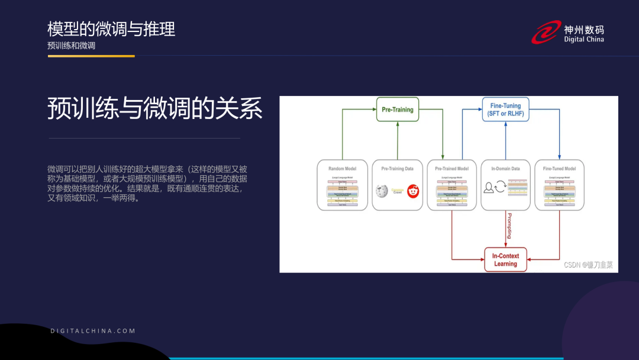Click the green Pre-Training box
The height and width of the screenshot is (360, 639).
coord(397,110)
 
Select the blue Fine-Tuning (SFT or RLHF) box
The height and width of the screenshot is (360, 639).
coord(505,110)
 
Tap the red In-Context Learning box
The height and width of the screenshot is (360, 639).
coord(505,260)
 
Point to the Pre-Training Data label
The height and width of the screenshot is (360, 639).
coord(397,169)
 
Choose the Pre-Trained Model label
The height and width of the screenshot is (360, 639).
coord(451,169)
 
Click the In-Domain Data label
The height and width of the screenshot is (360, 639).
coord(505,169)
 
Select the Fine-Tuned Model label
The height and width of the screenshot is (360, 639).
coord(559,169)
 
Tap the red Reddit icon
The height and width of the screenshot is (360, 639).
coord(412,191)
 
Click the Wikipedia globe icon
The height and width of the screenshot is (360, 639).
coord(382,191)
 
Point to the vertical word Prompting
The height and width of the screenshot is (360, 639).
coord(509,226)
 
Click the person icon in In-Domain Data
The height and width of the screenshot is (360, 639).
coord(489,188)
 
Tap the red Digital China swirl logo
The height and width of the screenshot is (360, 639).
coord(546,33)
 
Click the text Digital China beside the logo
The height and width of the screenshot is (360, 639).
coord(583,40)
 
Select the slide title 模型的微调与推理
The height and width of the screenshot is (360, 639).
coord(111,28)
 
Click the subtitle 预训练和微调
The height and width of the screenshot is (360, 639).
coord(72,46)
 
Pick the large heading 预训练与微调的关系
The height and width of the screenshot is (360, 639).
coord(155,109)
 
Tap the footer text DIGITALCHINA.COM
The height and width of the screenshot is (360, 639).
coord(93,331)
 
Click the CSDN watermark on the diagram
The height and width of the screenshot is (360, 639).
coord(588,265)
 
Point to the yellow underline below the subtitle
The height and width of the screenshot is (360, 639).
coord(91,56)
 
